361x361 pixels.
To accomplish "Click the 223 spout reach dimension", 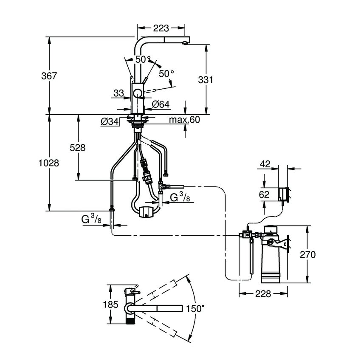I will [161, 28].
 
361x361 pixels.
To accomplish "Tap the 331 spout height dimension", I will [206, 80].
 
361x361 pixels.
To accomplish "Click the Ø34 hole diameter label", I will [110, 122].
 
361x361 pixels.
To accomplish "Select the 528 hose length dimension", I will [78, 148].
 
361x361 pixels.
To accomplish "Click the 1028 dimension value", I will [48, 163].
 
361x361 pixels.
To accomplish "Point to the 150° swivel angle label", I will [196, 309].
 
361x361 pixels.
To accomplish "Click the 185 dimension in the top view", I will [110, 305].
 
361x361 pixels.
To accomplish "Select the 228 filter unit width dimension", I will [263, 294].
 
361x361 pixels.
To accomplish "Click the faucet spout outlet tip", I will [185, 43].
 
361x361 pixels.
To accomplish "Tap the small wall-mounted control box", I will [284, 194].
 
